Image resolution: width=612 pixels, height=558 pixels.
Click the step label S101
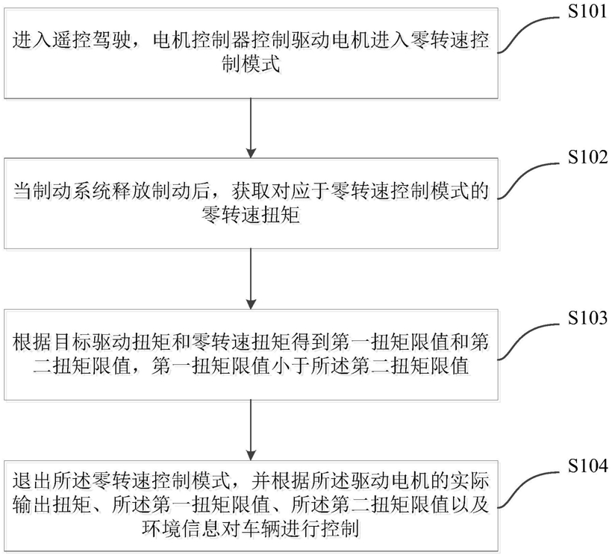(x=587, y=11)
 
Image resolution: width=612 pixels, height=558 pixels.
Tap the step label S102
(x=587, y=157)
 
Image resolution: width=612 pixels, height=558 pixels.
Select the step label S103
(x=587, y=318)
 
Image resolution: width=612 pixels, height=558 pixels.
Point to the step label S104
(x=587, y=465)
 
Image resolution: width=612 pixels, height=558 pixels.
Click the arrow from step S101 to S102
(x=251, y=128)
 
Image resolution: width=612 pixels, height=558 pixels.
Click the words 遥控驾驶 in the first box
(x=91, y=40)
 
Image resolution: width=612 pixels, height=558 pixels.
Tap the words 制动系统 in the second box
(x=91, y=192)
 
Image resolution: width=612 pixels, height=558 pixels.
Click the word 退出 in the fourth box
(x=31, y=481)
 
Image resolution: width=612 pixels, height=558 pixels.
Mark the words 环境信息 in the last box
(x=181, y=529)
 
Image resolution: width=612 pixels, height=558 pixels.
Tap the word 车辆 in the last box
(x=260, y=529)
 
